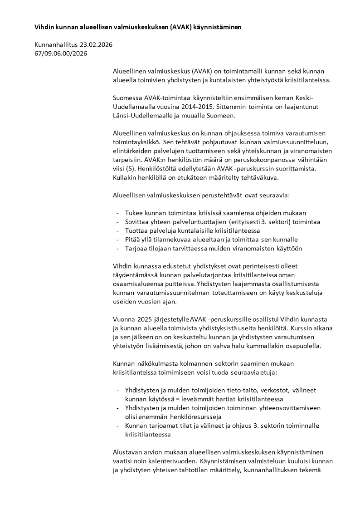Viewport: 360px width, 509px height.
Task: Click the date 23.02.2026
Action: coord(96,44)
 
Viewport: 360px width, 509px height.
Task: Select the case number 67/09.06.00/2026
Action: coord(61,54)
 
